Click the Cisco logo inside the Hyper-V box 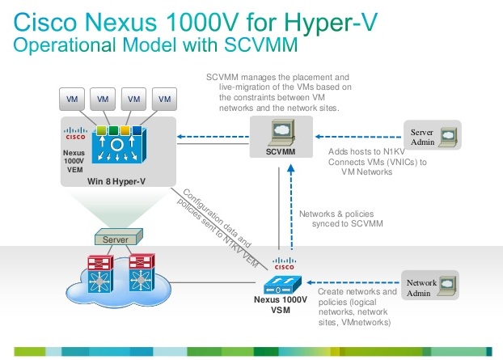(74, 130)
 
